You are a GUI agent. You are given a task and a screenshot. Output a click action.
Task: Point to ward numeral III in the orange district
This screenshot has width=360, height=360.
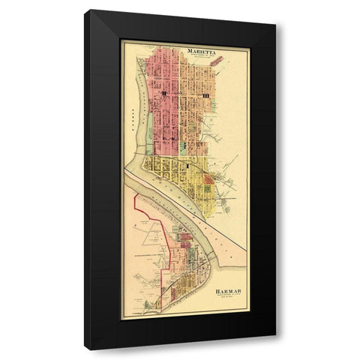click(x=203, y=97)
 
